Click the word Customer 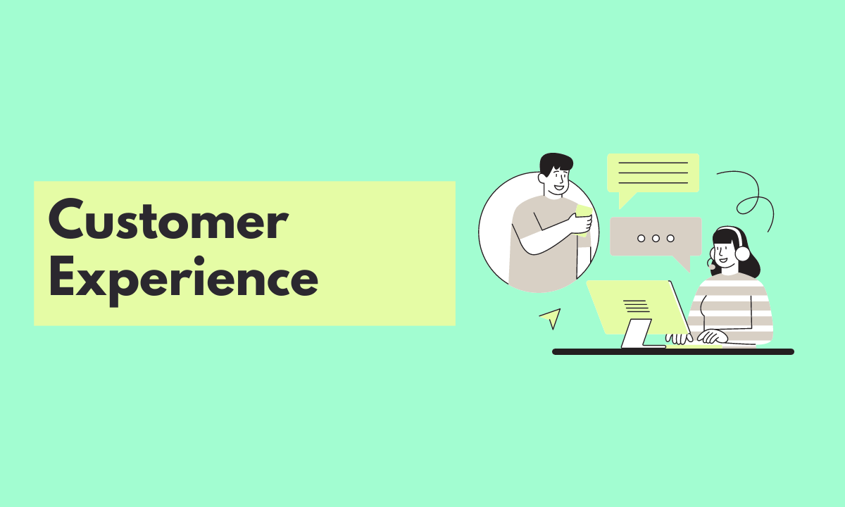coord(168,220)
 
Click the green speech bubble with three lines coord(653,173)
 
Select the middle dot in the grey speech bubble coord(656,238)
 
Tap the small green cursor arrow coord(551,318)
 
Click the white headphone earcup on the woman coord(742,253)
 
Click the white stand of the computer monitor coord(637,334)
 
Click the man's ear coord(544,179)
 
